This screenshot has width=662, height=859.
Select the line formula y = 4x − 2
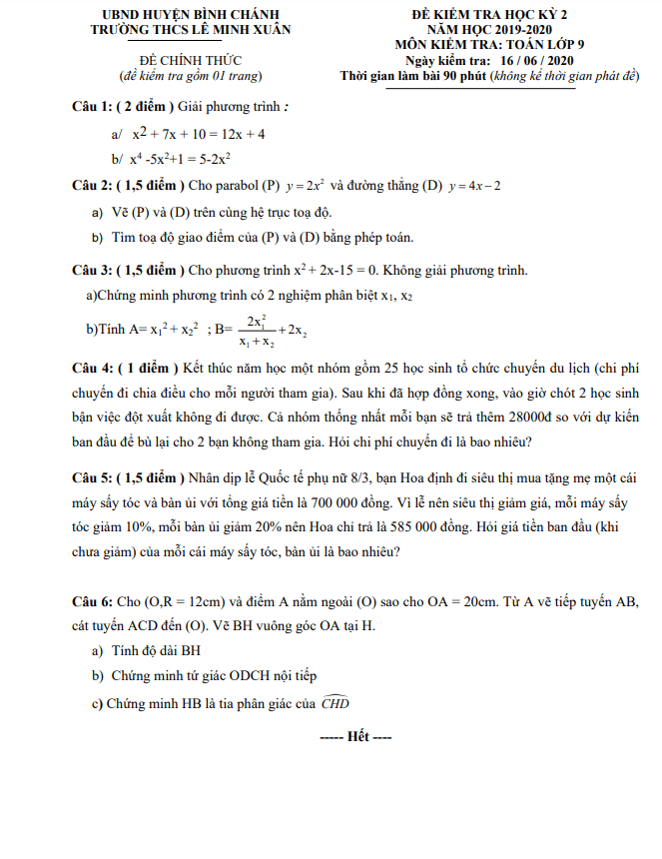[475, 186]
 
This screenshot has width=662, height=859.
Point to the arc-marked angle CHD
[335, 702]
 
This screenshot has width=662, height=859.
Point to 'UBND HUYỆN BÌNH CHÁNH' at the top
[181, 15]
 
